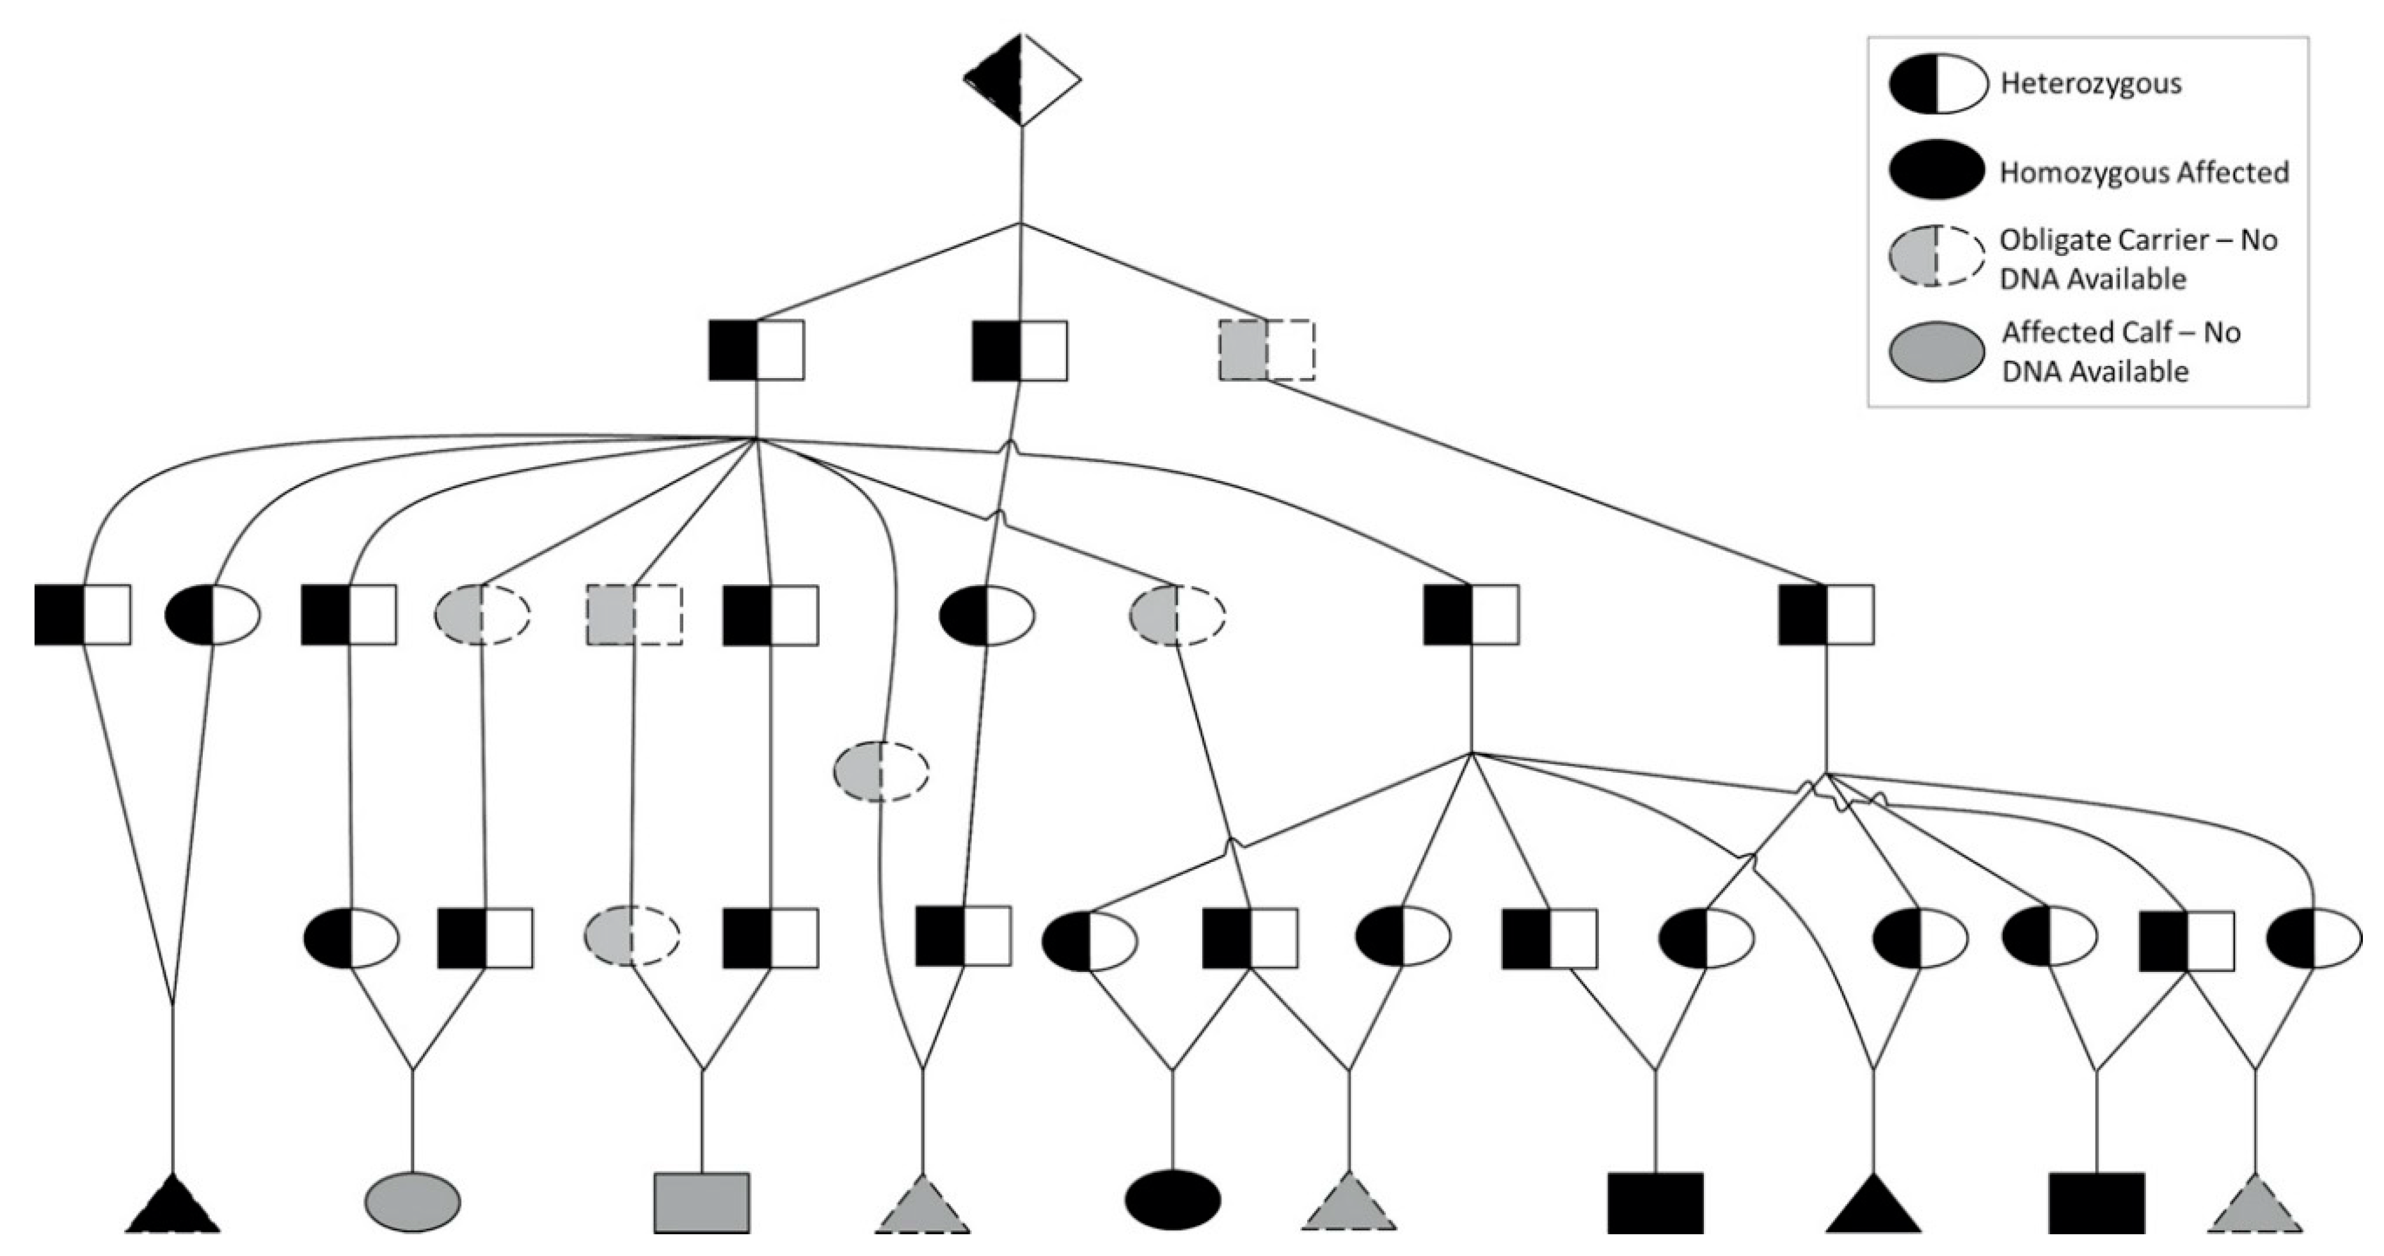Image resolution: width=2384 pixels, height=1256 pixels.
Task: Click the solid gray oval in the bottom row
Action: [413, 1202]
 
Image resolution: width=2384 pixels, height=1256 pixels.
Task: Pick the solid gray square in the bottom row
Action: [701, 1202]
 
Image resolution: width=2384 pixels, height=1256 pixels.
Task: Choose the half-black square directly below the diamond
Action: [1020, 351]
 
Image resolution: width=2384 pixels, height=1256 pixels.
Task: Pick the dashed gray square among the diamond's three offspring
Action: [1267, 350]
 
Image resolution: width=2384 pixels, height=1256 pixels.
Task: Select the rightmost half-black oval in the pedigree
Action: [2313, 939]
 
